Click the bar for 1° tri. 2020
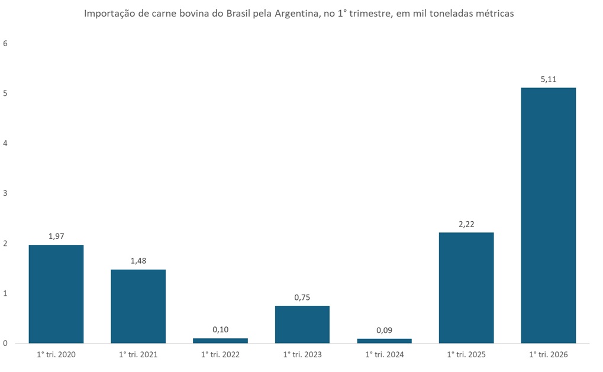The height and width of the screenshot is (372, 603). coord(56,294)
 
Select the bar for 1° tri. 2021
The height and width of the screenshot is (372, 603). coord(138,306)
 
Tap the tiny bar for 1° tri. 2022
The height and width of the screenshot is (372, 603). coord(220,341)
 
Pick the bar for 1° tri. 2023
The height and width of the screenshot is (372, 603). coord(302,325)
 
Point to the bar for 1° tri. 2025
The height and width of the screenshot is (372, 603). coord(466,287)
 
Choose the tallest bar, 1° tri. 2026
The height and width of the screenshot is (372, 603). coord(548,215)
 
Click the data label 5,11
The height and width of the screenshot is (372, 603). coord(548,79)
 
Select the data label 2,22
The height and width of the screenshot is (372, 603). coord(466,224)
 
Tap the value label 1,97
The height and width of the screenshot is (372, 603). coord(56,236)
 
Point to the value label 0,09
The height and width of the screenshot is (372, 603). coord(384,330)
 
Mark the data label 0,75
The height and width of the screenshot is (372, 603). coord(302,297)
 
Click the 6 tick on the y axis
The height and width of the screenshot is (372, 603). coord(5,43)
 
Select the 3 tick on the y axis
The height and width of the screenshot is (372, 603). coord(5,193)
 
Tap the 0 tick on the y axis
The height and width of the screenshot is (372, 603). coord(5,343)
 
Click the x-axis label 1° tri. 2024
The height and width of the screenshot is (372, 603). coord(384,355)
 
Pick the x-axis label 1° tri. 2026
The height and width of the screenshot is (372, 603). coord(548,355)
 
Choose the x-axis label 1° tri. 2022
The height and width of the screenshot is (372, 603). coord(220,355)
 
